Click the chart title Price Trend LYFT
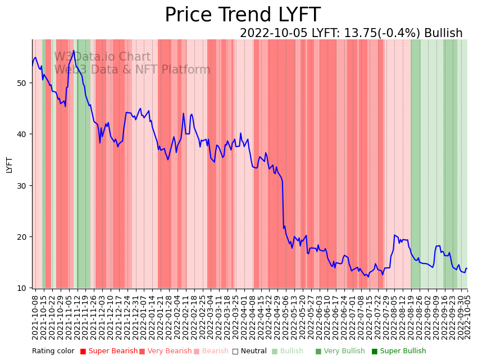pyautogui.click(x=242, y=15)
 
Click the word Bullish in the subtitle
pyautogui.click(x=443, y=33)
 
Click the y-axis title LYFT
pyautogui.click(x=9, y=164)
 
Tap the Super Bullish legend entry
pyautogui.click(x=403, y=351)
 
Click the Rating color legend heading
pyautogui.click(x=53, y=351)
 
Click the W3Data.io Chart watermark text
pyautogui.click(x=102, y=57)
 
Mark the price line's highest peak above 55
pyautogui.click(x=73, y=51)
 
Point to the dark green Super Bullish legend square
pyautogui.click(x=375, y=352)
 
